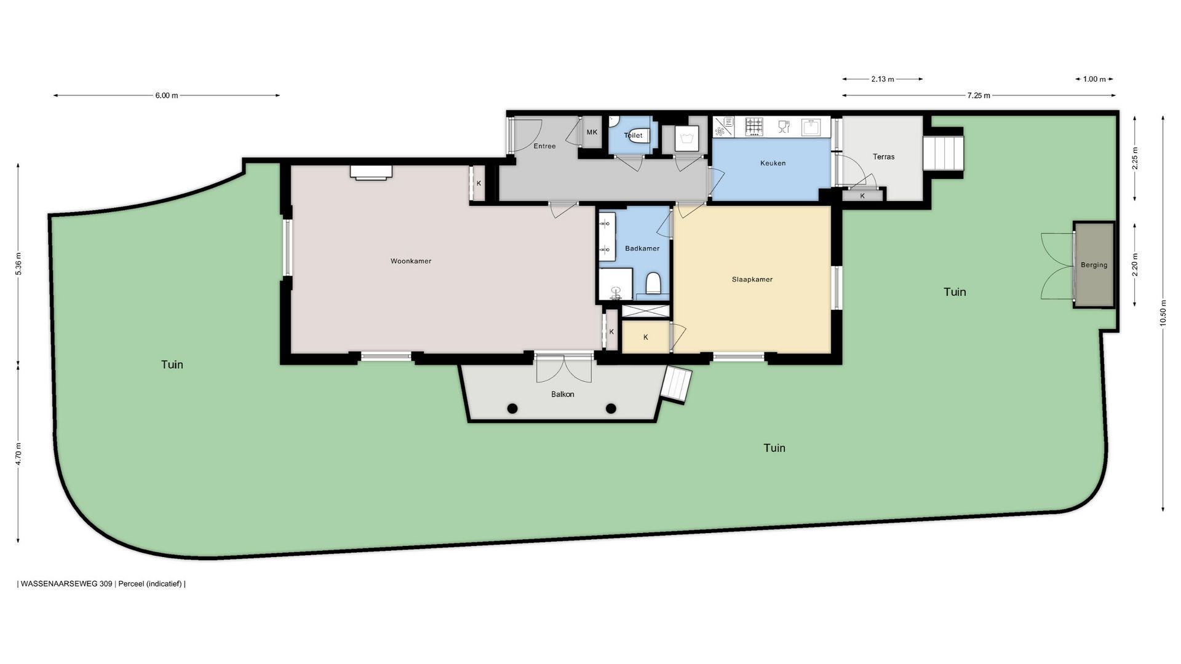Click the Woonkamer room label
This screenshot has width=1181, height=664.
(411, 261)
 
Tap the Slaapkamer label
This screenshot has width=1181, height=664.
(752, 280)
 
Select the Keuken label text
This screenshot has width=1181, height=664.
(773, 164)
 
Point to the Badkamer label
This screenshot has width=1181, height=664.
(642, 248)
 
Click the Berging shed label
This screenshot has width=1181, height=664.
(1094, 265)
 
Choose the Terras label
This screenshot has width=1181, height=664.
(883, 157)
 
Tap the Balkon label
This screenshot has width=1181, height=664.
(562, 394)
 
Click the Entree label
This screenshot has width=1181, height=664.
(544, 146)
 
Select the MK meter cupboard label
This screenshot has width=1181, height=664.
(592, 132)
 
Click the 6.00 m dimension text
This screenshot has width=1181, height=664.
(166, 95)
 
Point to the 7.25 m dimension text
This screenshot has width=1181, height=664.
(979, 95)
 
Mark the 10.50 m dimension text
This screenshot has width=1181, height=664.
(1163, 314)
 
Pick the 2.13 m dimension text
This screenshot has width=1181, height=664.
(882, 79)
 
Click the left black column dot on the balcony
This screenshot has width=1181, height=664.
(512, 408)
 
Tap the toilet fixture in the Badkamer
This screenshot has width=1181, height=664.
(653, 284)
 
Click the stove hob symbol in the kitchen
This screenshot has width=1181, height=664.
(754, 127)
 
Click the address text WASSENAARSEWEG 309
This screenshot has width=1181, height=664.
(66, 584)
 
